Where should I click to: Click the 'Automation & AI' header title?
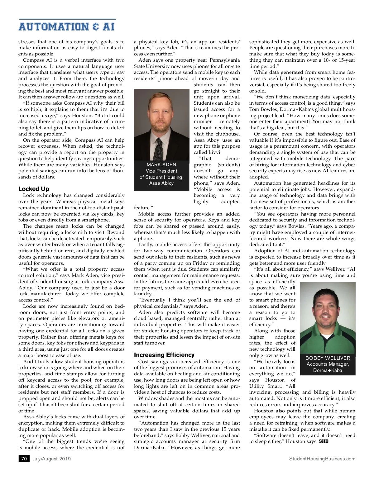click(66, 26)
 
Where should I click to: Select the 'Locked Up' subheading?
click(34, 189)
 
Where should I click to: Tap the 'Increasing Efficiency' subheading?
click(164, 355)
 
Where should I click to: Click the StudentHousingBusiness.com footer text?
click(322, 459)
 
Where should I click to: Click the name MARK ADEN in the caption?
click(161, 164)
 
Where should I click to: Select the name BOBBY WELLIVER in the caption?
click(328, 358)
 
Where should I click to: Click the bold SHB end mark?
click(324, 441)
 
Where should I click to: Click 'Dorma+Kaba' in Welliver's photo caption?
click(328, 370)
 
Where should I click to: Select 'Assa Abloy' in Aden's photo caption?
click(161, 183)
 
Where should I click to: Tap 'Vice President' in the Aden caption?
click(161, 171)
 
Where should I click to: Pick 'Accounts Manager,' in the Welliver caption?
click(328, 364)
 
